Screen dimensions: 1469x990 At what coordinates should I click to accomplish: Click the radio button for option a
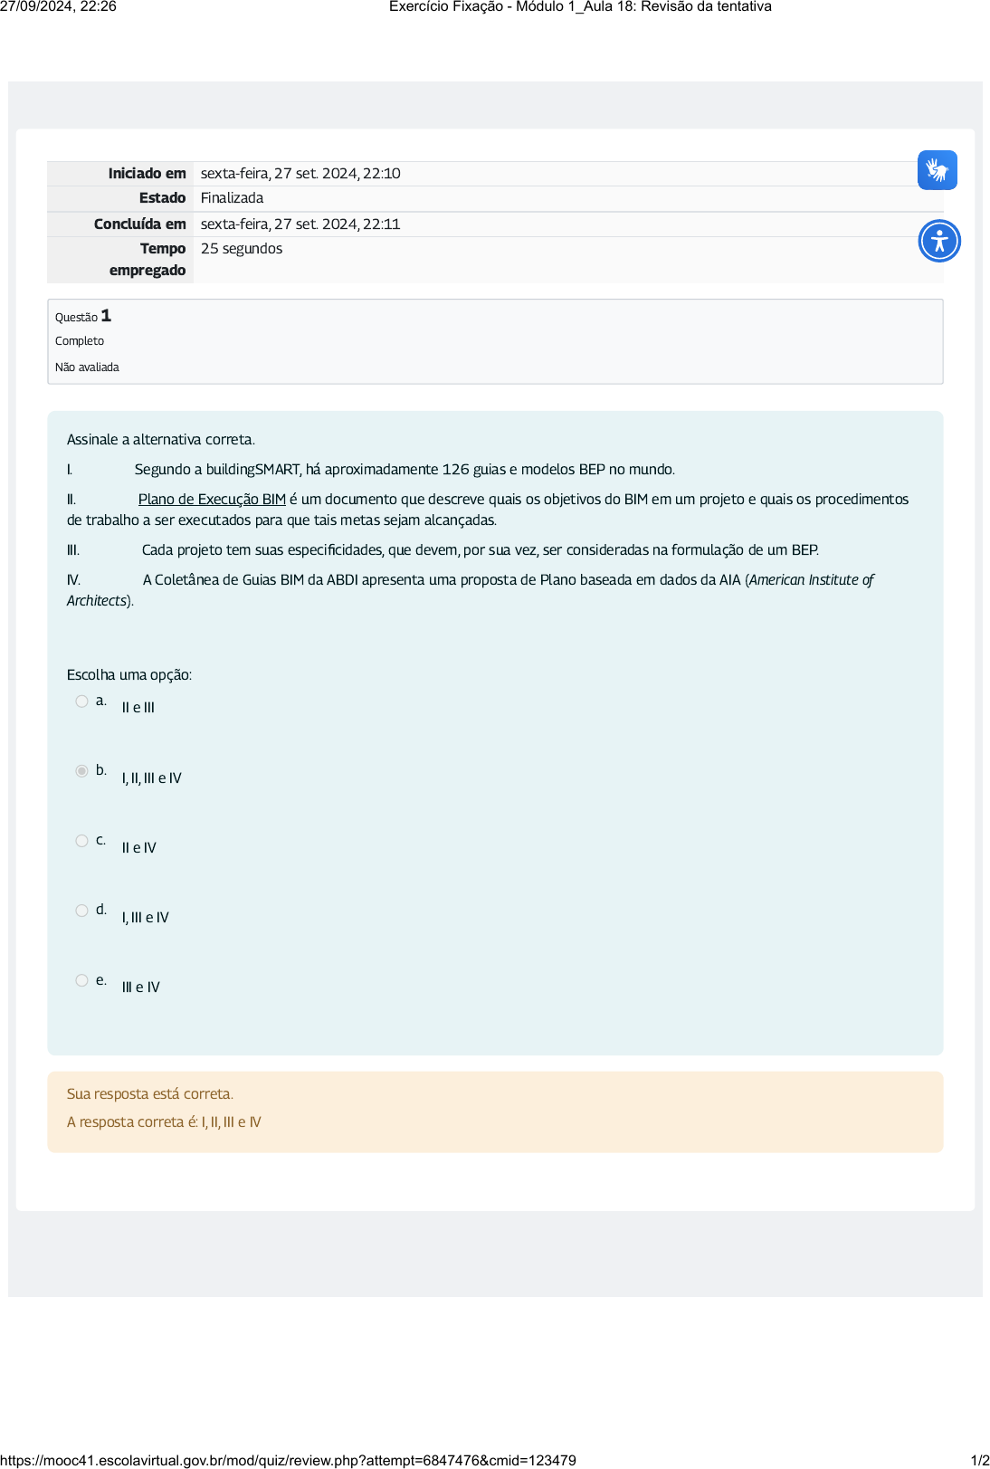click(x=81, y=701)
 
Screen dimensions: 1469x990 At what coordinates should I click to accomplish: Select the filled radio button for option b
click(x=81, y=771)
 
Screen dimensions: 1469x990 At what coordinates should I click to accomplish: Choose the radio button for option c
click(x=81, y=841)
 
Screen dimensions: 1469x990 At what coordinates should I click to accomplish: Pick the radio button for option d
click(x=81, y=911)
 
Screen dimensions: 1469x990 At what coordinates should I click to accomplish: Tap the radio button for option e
click(x=81, y=980)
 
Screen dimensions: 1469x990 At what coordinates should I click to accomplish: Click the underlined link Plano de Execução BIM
click(x=212, y=500)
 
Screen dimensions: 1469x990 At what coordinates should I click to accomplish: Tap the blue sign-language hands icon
click(x=937, y=170)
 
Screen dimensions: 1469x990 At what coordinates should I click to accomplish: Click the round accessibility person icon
click(x=939, y=241)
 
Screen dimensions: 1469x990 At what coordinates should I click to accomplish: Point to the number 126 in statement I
click(x=455, y=470)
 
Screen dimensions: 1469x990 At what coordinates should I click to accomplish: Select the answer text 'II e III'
click(x=138, y=708)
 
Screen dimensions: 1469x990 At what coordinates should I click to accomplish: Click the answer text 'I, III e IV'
click(x=145, y=918)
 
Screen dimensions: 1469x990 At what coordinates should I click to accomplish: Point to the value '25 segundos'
click(x=242, y=249)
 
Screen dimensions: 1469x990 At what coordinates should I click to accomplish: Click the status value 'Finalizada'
click(x=232, y=198)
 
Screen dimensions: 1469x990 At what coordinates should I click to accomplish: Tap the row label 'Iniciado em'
click(x=147, y=174)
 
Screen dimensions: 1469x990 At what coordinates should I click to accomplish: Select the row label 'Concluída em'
click(x=139, y=224)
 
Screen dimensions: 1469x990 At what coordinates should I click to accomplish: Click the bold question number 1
click(x=106, y=316)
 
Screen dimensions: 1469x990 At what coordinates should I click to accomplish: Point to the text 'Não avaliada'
click(x=87, y=367)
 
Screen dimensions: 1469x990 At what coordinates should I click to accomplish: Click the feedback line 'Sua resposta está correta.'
click(x=150, y=1094)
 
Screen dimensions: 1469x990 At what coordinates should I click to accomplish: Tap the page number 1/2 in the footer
click(x=979, y=1460)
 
